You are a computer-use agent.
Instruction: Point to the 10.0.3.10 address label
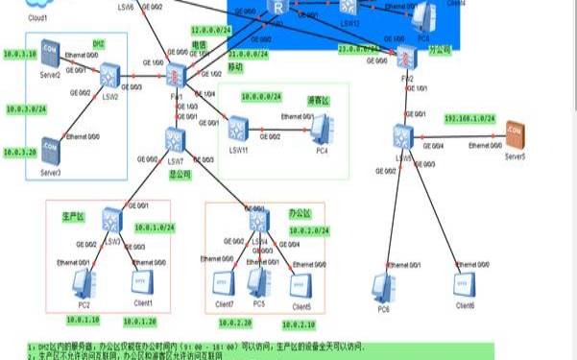tap(21, 54)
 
